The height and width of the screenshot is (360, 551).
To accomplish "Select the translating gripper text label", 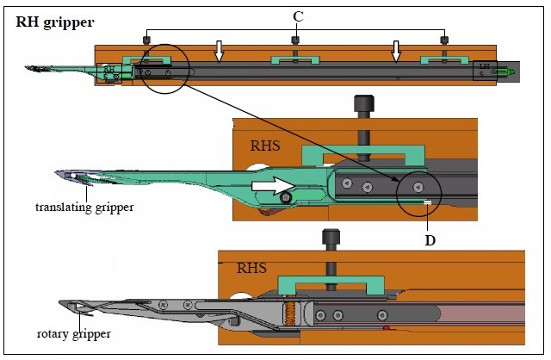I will click(x=84, y=207).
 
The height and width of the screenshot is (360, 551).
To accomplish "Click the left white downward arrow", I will click(x=219, y=52).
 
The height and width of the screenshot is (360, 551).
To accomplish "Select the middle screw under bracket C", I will click(x=294, y=40).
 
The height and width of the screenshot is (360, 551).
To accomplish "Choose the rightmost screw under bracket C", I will click(x=443, y=40).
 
